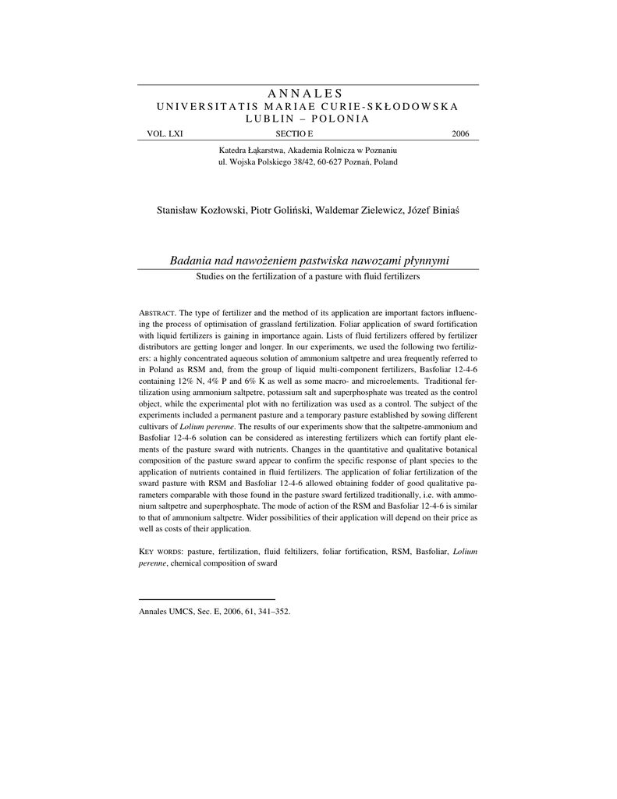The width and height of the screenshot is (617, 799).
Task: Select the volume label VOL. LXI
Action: tap(165, 134)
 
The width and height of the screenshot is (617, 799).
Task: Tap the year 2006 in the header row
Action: tap(460, 134)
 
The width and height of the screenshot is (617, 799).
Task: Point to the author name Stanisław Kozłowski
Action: tap(201, 211)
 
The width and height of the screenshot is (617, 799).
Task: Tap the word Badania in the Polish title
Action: tap(190, 261)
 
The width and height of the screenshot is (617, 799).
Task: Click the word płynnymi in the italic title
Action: tap(427, 261)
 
